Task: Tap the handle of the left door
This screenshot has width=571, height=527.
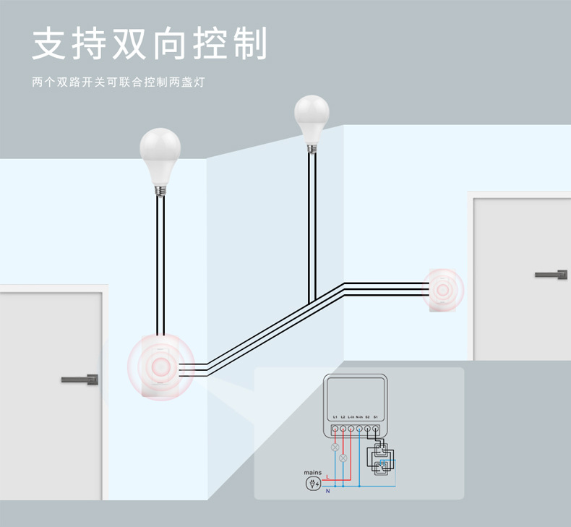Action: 80,379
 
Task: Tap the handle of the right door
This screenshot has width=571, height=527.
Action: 551,274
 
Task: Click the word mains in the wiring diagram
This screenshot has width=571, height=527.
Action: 313,472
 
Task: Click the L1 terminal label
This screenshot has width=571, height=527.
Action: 335,417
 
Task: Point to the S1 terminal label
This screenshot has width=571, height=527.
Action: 376,417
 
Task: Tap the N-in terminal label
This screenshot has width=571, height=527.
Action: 359,417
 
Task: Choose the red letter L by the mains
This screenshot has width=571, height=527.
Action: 327,477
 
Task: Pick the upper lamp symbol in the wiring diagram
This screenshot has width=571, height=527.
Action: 335,447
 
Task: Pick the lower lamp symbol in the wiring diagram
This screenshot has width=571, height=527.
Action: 343,458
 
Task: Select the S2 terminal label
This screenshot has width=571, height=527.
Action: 367,417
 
